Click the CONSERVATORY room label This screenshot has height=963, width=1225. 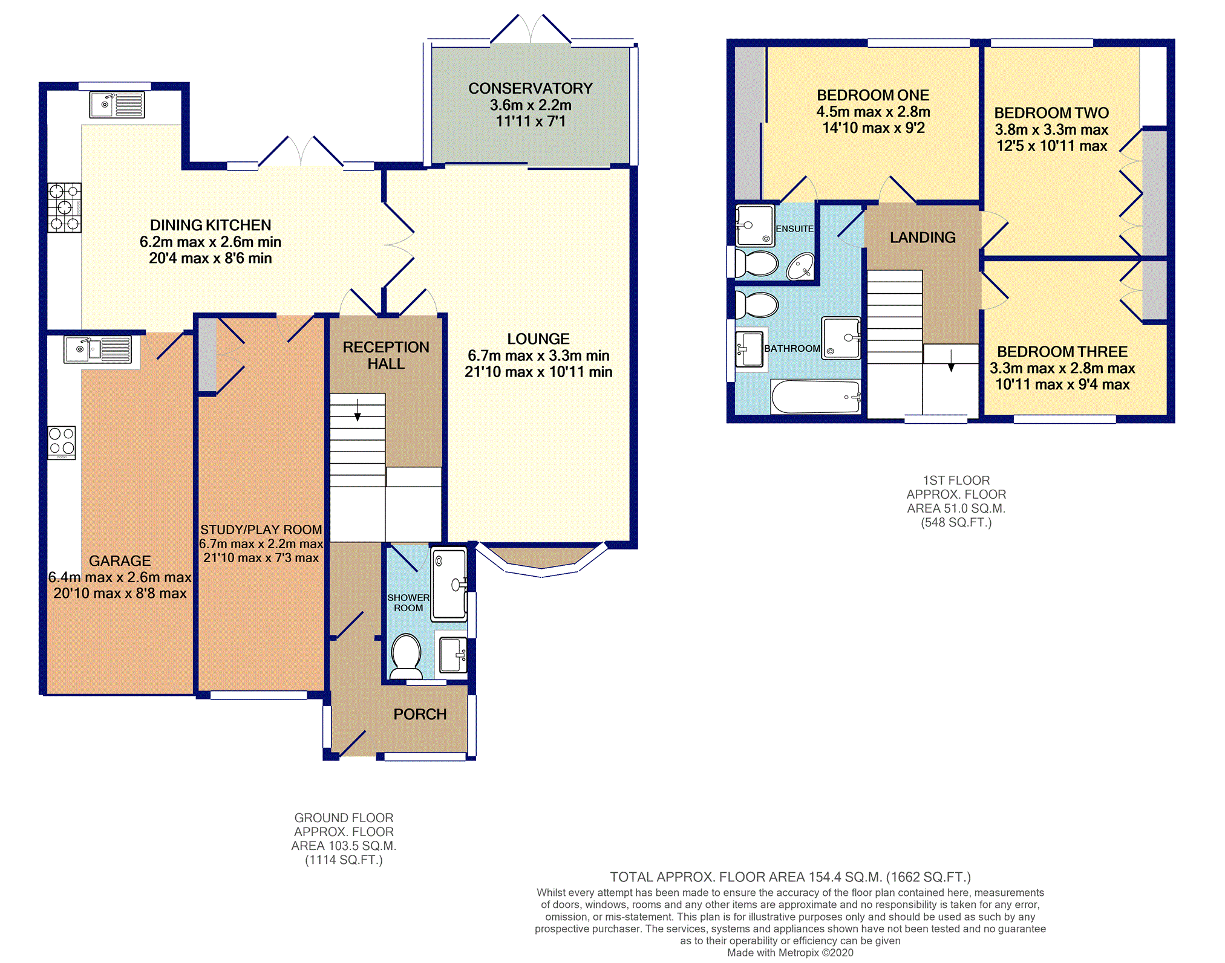click(531, 89)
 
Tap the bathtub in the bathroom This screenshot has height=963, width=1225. click(815, 397)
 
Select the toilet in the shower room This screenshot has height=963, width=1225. click(407, 657)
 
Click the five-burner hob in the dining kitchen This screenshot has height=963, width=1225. click(65, 207)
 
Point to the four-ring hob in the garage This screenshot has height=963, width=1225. click(62, 443)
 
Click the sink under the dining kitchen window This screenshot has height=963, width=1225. click(117, 105)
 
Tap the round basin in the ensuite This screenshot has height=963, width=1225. click(800, 267)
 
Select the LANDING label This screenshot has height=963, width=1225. click(923, 238)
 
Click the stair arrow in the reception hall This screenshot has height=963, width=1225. click(358, 410)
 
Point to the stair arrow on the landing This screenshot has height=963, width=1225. click(951, 360)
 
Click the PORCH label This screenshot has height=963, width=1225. click(420, 715)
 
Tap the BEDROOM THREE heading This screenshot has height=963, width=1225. click(1062, 352)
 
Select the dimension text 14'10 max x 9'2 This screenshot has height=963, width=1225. click(874, 128)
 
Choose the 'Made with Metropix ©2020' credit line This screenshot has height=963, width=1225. click(790, 953)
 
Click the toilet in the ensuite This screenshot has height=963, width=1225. click(756, 264)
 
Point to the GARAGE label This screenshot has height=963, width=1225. click(120, 561)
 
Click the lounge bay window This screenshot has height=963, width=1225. click(541, 560)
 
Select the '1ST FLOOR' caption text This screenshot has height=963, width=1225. click(956, 481)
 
